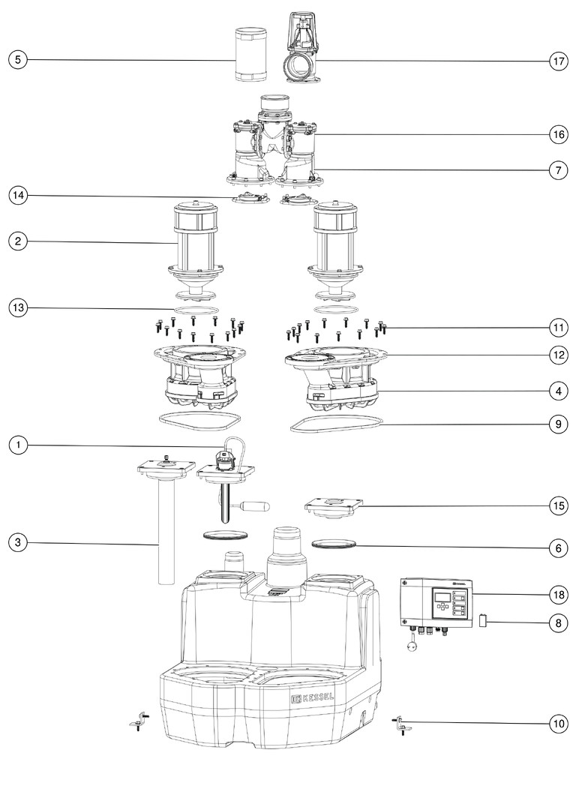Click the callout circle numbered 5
click(18, 59)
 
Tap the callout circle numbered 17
click(556, 62)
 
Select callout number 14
click(18, 196)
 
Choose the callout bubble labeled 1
click(18, 445)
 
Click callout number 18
click(556, 595)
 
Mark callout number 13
click(18, 307)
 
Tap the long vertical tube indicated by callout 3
click(166, 532)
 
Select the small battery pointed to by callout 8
click(484, 621)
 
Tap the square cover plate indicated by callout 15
click(334, 506)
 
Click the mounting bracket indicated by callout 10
click(400, 724)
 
